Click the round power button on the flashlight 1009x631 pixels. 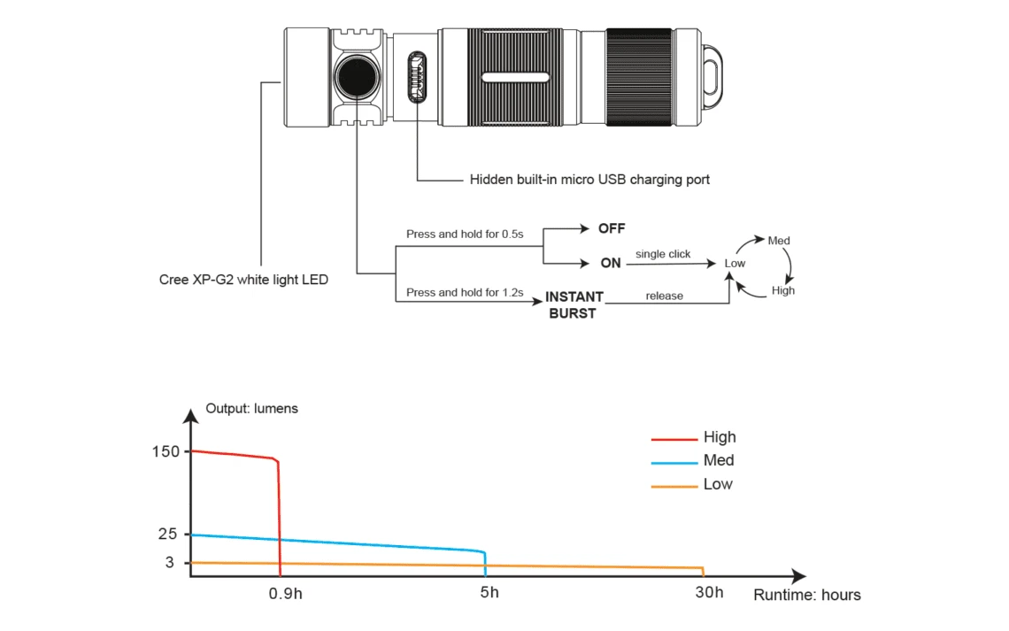click(358, 77)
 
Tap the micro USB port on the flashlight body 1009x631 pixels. click(415, 78)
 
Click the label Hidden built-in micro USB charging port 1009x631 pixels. click(589, 180)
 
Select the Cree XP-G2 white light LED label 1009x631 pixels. click(243, 280)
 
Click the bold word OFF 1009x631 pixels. click(612, 228)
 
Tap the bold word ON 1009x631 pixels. click(611, 264)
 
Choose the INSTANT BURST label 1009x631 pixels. click(574, 304)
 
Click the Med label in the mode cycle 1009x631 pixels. click(779, 241)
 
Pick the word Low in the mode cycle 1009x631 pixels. click(735, 264)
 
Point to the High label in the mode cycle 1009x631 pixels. click(783, 290)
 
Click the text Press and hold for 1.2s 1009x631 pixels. click(465, 293)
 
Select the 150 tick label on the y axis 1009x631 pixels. click(166, 451)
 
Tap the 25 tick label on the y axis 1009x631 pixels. click(168, 534)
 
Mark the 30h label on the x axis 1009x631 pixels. click(708, 593)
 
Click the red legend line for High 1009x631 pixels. click(674, 438)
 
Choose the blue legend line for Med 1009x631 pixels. click(674, 462)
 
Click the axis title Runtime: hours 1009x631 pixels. click(806, 595)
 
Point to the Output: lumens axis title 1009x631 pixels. click(251, 409)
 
